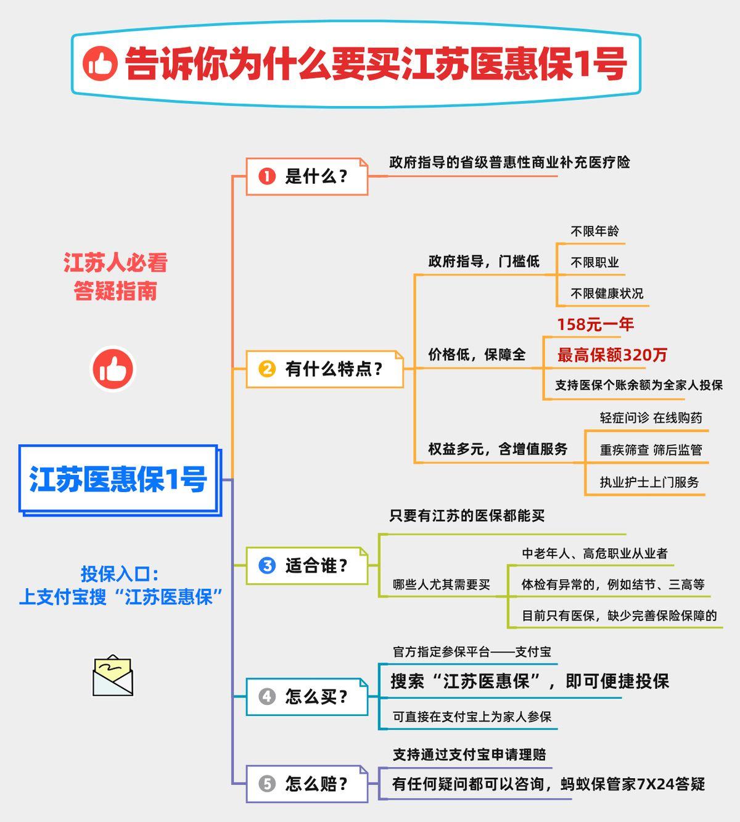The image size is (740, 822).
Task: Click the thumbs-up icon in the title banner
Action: tap(100, 64)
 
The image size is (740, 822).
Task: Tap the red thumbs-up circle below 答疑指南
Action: tap(113, 369)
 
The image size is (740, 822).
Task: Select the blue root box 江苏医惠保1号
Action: tap(120, 480)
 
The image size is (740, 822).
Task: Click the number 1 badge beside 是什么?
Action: tap(267, 176)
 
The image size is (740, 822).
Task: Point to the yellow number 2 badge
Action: tap(267, 369)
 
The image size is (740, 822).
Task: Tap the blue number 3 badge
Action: tap(267, 565)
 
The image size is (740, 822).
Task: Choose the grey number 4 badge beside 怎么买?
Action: tap(267, 697)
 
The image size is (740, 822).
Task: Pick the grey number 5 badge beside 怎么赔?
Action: tap(267, 784)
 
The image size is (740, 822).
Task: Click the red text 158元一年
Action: tap(595, 324)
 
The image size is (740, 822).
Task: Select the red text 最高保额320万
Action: tap(612, 355)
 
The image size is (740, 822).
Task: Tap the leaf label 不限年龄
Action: tap(595, 231)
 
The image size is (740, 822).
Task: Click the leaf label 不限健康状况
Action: tap(607, 294)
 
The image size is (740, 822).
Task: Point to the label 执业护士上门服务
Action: tap(649, 482)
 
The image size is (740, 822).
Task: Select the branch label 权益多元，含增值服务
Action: tap(498, 449)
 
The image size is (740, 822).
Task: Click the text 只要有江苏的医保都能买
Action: tap(467, 516)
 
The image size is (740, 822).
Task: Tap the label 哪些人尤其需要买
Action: tap(442, 585)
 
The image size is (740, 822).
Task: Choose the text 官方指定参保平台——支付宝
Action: tap(472, 652)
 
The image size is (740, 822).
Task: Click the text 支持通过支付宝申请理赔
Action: tap(469, 754)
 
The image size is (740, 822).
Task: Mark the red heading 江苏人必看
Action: tap(115, 262)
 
